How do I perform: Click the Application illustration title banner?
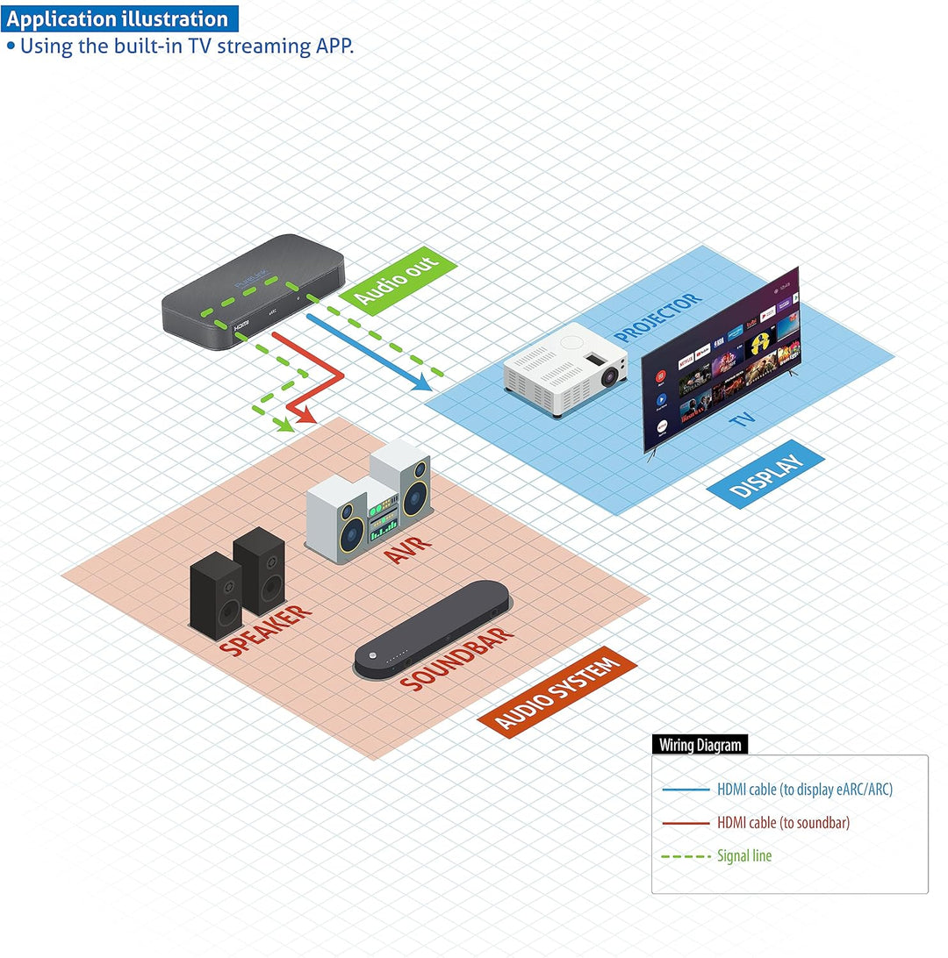click(x=118, y=18)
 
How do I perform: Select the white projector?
click(x=564, y=368)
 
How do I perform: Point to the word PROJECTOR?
click(x=658, y=318)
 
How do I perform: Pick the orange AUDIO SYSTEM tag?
click(x=557, y=693)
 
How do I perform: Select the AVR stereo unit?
click(x=370, y=507)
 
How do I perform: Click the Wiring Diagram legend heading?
click(x=700, y=745)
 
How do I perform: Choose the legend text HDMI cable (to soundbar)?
click(x=783, y=822)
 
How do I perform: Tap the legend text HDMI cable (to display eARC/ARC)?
click(x=804, y=790)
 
